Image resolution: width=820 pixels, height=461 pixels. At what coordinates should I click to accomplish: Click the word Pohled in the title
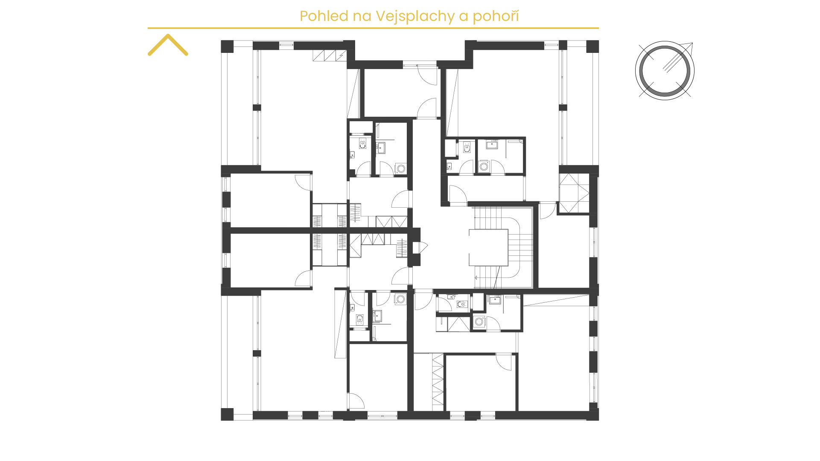click(324, 16)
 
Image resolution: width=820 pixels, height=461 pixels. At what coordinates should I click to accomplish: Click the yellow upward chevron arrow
click(168, 44)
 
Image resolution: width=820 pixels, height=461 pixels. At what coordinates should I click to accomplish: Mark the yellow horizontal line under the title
click(373, 28)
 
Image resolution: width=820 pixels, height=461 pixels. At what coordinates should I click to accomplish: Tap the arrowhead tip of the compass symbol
click(692, 43)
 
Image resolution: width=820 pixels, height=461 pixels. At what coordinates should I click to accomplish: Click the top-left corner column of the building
click(227, 46)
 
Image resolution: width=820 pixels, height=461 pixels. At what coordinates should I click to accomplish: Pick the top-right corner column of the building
click(592, 46)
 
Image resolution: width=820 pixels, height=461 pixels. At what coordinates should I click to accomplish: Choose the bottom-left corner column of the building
click(227, 414)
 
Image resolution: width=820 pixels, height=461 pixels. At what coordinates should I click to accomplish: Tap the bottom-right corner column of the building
click(592, 414)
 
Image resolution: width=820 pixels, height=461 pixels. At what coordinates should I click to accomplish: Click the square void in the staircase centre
click(489, 248)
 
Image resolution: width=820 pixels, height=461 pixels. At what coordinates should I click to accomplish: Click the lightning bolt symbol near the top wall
click(341, 55)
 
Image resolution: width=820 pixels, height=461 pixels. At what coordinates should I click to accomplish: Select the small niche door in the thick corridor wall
click(421, 247)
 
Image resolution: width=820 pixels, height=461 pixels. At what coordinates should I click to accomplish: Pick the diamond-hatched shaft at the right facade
click(575, 193)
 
